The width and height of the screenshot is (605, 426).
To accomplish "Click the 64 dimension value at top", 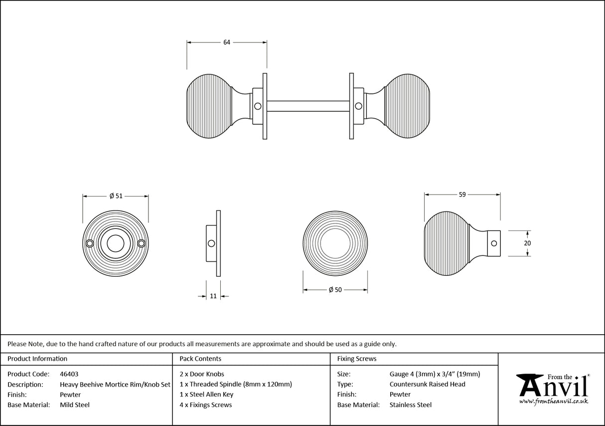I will tap(226, 42).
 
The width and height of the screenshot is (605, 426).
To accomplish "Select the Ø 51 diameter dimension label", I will tap(115, 196).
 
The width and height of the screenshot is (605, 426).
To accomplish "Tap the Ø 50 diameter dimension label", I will tap(335, 290).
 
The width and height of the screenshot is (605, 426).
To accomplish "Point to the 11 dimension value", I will tap(213, 296).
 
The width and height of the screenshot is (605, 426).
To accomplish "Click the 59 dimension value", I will tap(462, 195).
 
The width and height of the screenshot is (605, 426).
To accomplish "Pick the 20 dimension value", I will tap(528, 243).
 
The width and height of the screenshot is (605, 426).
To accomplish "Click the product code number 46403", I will tap(69, 374).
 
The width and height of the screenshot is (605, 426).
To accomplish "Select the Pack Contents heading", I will tap(200, 359).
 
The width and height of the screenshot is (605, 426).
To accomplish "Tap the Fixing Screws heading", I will tap(357, 359).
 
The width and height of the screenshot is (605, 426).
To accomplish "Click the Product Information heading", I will tap(37, 359).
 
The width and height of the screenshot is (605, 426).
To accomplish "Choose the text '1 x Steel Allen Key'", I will tap(206, 395).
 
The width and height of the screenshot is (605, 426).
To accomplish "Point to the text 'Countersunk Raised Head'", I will tap(427, 384).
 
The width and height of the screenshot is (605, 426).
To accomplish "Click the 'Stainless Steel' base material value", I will tap(410, 405).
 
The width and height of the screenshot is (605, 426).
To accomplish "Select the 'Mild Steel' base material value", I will tap(75, 405).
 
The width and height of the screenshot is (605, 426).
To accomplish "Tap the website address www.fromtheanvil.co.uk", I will tap(553, 401).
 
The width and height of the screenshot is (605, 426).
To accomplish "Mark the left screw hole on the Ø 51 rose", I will tap(90, 243).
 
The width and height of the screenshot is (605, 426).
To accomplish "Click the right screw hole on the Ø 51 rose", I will tap(141, 243).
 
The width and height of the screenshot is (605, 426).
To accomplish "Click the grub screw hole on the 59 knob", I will tap(494, 243).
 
